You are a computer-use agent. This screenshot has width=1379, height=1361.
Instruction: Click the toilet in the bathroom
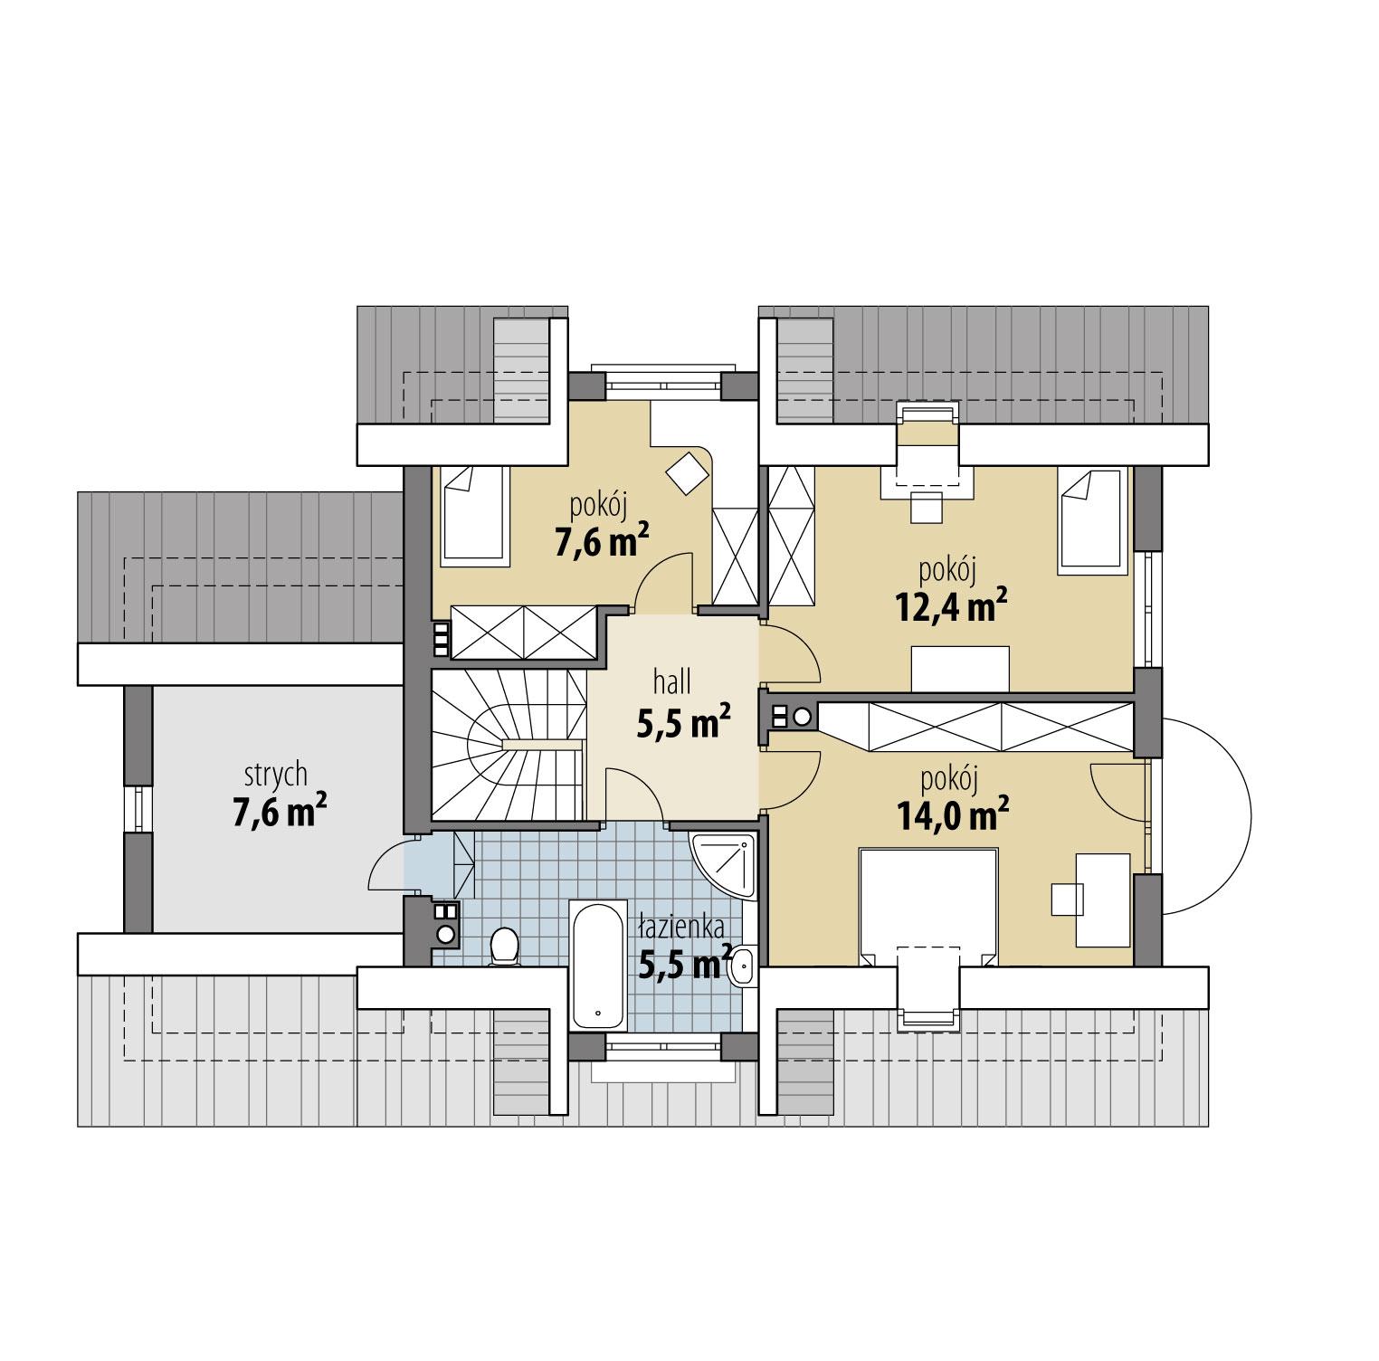point(502,947)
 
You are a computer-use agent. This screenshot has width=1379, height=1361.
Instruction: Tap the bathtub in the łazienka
point(598,963)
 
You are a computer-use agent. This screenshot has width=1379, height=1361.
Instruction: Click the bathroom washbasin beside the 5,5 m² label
point(742,965)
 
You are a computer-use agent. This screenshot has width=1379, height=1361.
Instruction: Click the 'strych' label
point(275,776)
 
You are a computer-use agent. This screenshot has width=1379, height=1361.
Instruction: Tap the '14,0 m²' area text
point(952,815)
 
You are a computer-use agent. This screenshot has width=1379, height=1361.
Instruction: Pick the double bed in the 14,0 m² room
point(927,905)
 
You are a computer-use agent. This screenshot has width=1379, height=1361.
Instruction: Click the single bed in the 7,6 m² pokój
point(474,516)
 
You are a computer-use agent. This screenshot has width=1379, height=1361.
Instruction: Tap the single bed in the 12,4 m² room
point(1094,521)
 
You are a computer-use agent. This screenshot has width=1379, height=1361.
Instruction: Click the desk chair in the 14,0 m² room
point(1067,899)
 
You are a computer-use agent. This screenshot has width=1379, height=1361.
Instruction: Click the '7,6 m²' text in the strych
point(279,812)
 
